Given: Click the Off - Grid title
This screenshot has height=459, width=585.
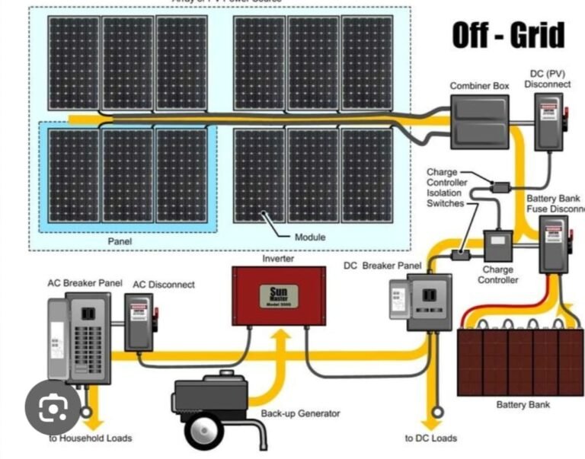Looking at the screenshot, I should pyautogui.click(x=508, y=35).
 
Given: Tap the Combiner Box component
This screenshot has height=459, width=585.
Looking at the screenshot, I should pyautogui.click(x=479, y=121).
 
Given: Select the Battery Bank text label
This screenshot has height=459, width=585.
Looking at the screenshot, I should pyautogui.click(x=523, y=404).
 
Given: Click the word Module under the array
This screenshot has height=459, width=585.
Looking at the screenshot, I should pyautogui.click(x=309, y=237).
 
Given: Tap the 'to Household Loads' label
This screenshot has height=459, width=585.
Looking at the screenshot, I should pyautogui.click(x=91, y=438).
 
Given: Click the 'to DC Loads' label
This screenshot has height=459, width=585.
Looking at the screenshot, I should pyautogui.click(x=431, y=438).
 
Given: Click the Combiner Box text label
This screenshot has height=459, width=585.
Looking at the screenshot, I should pyautogui.click(x=479, y=86).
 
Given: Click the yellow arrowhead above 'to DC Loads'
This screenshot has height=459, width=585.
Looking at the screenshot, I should pyautogui.click(x=432, y=416).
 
